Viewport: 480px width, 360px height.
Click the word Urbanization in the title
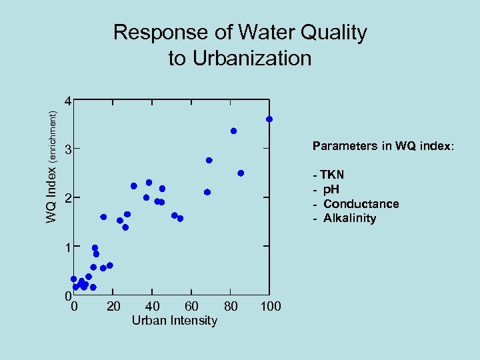click(252, 58)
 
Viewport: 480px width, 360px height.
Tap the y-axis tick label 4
click(67, 102)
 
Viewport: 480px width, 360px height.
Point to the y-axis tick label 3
click(67, 151)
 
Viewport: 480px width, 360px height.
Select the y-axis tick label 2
click(67, 199)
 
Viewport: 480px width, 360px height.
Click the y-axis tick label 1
click(67, 247)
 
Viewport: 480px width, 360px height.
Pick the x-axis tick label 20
click(113, 306)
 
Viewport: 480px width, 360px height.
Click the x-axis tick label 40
click(152, 306)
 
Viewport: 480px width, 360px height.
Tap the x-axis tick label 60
click(191, 306)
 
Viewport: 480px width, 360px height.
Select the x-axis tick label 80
click(231, 306)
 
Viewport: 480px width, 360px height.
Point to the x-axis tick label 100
click(271, 306)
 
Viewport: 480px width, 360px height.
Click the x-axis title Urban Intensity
click(174, 321)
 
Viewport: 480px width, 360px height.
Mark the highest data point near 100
click(269, 119)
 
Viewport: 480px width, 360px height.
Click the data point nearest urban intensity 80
click(234, 131)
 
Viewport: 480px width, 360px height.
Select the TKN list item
click(331, 175)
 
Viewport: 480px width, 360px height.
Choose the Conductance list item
click(361, 204)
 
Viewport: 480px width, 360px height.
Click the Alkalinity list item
click(349, 219)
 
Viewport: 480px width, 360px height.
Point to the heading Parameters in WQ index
click(383, 146)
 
